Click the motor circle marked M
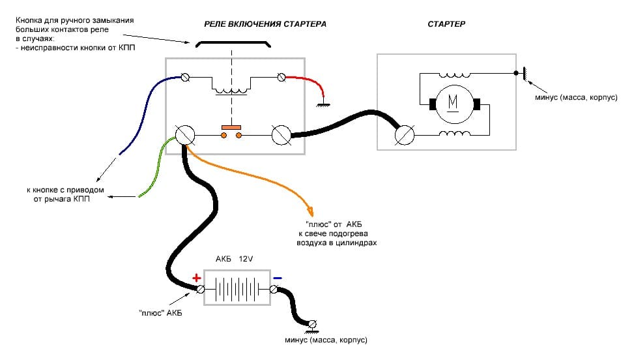tap(452, 104)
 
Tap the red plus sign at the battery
tap(197, 277)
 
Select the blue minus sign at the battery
tap(278, 278)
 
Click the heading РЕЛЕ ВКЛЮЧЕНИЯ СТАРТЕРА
tap(265, 23)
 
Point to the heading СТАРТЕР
tap(446, 23)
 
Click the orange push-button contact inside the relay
tap(231, 131)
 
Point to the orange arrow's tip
tap(311, 215)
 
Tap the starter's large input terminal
tap(405, 135)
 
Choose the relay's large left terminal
tap(184, 135)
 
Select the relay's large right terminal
tap(281, 135)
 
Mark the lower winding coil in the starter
tap(454, 136)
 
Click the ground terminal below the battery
tap(312, 324)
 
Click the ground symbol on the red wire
tap(321, 104)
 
